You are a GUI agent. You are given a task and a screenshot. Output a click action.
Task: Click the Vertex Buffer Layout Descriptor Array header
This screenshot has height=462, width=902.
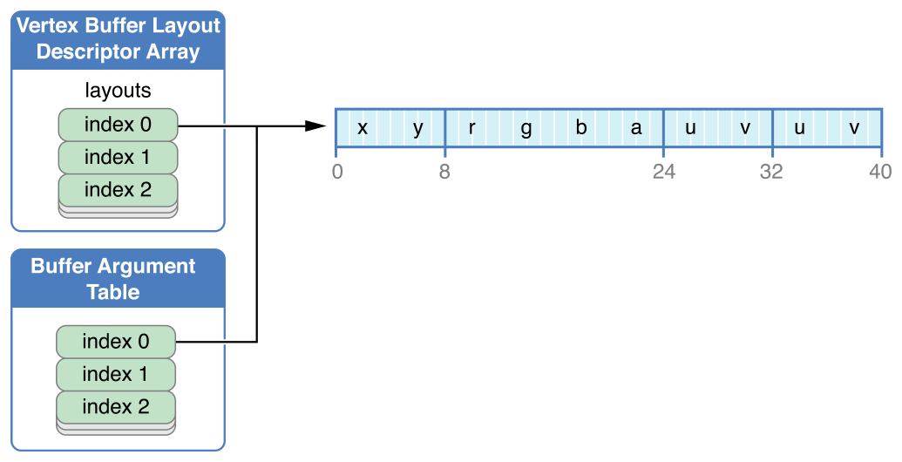pos(118,39)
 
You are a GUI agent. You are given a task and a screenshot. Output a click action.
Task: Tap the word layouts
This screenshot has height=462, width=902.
pos(118,90)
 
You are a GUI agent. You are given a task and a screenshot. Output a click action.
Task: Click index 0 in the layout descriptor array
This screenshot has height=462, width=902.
pos(118,125)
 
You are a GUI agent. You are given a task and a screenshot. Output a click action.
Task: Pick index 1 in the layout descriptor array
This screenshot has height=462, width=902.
pos(118,157)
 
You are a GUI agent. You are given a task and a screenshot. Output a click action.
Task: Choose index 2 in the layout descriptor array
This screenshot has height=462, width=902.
pos(118,189)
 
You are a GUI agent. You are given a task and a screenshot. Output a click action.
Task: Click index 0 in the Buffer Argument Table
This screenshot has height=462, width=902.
pos(116,341)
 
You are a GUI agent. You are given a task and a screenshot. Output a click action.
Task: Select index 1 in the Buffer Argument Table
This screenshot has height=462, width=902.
pos(116,374)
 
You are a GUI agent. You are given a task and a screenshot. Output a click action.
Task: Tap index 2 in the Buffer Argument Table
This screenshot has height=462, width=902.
pos(116,406)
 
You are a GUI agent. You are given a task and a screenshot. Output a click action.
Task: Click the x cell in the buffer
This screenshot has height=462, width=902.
pos(363,127)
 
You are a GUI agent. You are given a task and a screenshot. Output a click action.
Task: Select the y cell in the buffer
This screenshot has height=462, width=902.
pos(417,127)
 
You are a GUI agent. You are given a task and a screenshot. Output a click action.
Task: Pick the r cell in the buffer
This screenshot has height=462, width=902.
pos(471,127)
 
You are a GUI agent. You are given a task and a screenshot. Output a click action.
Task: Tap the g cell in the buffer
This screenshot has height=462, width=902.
pos(526,127)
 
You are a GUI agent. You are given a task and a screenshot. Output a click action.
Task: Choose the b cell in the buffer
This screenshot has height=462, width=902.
pos(581,127)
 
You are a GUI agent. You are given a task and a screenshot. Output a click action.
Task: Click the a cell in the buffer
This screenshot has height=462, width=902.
pos(636,127)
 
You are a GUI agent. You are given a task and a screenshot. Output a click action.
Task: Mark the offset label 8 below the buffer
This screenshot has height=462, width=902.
pos(444,172)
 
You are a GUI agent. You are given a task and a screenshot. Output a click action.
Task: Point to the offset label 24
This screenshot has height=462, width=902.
pos(664,172)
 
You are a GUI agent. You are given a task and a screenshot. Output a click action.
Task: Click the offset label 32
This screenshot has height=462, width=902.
pos(771,172)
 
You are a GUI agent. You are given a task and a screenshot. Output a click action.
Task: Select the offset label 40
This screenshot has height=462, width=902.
pos(880,172)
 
